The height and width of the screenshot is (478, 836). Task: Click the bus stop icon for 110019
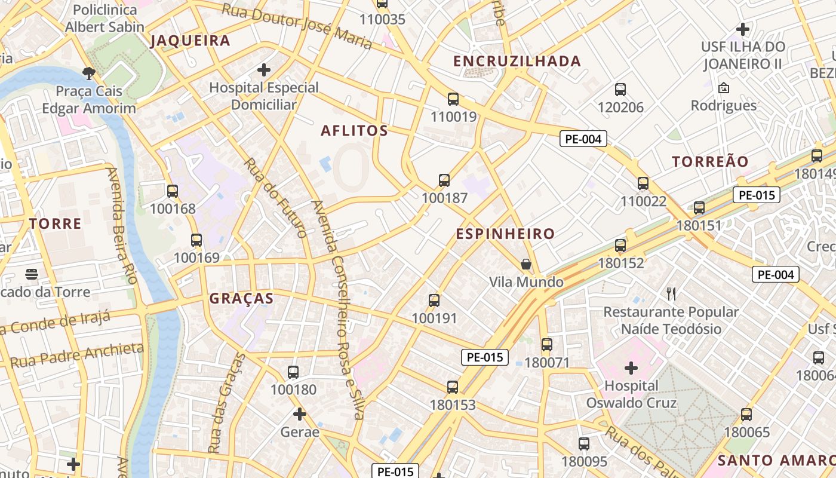pos(453,99)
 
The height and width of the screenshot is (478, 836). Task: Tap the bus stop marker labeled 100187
pos(444,180)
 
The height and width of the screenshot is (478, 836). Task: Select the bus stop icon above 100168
pos(173,191)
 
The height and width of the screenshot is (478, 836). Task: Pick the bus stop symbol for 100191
pos(434,301)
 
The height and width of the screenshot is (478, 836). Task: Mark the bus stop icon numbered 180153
pos(453,387)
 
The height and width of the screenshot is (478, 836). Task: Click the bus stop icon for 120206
pos(620,90)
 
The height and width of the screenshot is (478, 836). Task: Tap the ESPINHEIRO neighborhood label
pos(505,234)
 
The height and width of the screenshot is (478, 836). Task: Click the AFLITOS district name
pos(354,131)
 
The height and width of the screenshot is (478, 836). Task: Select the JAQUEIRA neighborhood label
pos(190,41)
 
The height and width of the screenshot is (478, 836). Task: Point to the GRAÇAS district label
pos(241,299)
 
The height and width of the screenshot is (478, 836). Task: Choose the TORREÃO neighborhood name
pos(710,162)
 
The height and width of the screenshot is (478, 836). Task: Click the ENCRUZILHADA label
pos(517,62)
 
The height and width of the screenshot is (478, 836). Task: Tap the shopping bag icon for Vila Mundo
pos(526,264)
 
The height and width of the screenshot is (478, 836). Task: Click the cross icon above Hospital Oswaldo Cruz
pos(631,367)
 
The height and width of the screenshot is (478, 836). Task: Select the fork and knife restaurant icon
pos(671,293)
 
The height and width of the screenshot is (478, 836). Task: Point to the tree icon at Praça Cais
pos(89,73)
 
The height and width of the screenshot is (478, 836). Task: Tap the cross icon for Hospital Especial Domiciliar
pos(264,70)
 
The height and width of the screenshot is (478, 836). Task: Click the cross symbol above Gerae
pos(300,413)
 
